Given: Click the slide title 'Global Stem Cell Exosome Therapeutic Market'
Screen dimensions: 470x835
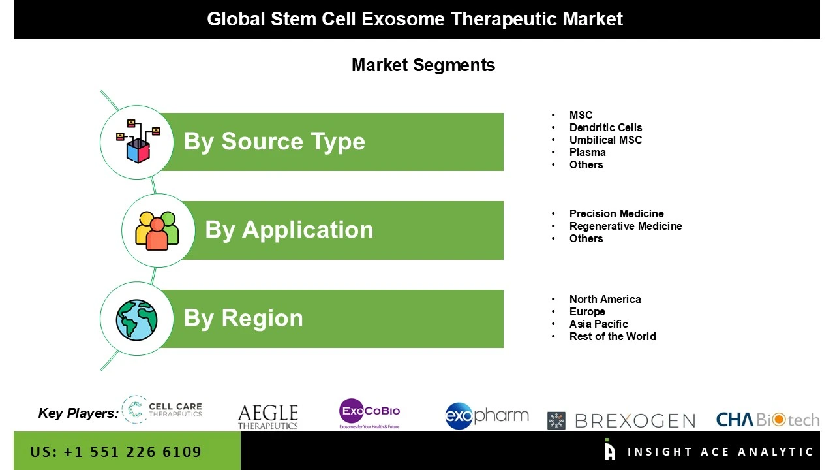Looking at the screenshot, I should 415,19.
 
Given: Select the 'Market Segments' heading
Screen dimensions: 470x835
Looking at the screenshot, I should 423,65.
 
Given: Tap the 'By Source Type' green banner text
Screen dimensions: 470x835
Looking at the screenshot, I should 274,142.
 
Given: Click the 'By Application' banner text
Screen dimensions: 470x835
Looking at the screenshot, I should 289,230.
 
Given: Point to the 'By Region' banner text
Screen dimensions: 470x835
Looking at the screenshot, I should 243,318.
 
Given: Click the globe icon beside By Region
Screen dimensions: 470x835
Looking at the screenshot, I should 137,319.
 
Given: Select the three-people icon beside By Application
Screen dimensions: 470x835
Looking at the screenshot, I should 157,230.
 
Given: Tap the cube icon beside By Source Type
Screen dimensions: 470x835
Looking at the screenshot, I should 138,141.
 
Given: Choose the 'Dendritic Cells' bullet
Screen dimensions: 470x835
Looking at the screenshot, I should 605,127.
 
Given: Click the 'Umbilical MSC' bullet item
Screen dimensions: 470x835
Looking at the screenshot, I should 605,140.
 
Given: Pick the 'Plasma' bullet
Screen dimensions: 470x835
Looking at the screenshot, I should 587,152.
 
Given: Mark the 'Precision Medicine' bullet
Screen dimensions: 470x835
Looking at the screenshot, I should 616,213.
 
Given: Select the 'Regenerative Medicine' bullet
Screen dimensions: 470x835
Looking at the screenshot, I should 626,226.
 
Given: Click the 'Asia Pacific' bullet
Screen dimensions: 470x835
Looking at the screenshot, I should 598,324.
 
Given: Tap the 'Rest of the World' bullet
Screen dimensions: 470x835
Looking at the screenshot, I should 613,336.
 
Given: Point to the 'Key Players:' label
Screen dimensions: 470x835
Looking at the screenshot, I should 78,413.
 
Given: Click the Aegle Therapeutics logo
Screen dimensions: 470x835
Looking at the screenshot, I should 267,416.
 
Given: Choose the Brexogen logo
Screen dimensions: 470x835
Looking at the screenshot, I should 621,420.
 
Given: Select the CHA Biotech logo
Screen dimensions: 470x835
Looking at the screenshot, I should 767,419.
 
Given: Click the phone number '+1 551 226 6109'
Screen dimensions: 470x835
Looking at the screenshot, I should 132,452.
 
